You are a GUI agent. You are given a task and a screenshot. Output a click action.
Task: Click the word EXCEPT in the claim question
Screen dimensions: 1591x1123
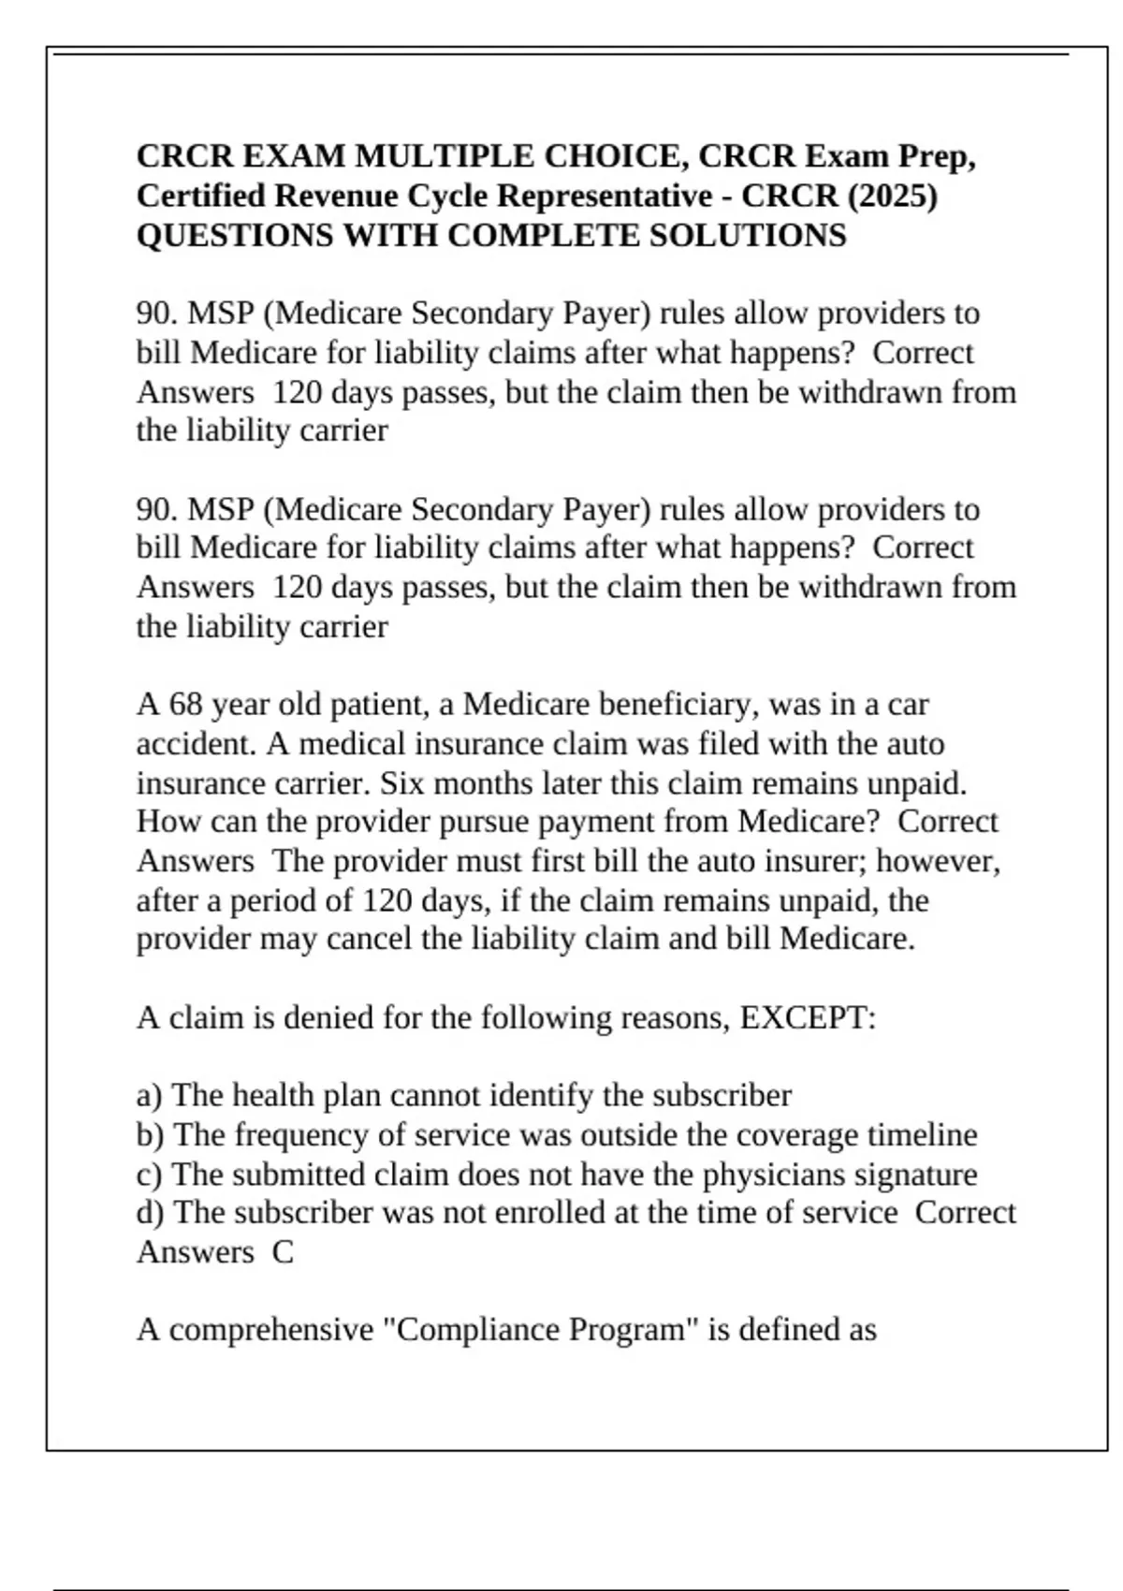pos(803,1016)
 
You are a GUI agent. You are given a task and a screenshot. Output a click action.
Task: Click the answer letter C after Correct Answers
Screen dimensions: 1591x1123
pos(283,1251)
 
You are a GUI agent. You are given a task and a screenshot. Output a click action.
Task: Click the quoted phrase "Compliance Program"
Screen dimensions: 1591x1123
pos(542,1329)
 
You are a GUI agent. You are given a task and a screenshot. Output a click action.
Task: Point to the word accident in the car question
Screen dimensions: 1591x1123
pos(197,744)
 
